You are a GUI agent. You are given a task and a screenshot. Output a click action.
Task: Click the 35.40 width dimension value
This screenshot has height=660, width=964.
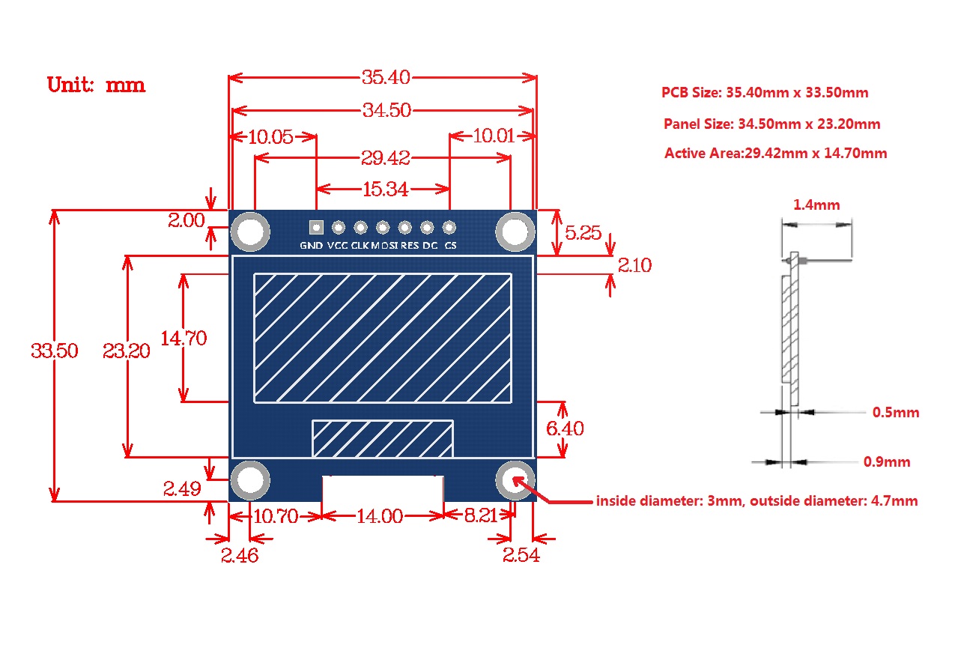click(382, 77)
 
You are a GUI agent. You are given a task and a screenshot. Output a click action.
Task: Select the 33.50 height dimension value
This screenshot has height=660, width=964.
click(55, 351)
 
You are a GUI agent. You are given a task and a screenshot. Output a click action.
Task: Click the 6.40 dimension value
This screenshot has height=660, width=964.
click(565, 429)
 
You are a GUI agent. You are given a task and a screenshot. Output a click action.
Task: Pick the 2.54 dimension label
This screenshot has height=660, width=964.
click(521, 556)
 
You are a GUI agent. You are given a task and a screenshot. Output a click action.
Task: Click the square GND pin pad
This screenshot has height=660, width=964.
click(315, 227)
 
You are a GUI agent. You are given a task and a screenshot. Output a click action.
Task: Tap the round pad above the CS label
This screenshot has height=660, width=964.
click(449, 227)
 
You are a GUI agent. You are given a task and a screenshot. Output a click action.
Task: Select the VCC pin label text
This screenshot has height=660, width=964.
click(338, 246)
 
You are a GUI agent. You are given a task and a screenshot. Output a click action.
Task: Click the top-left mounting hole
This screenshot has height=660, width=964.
click(250, 232)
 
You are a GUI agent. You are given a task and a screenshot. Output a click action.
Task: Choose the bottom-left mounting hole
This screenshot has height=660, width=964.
click(249, 480)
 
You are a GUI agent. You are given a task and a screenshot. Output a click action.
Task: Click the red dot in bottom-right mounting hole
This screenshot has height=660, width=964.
click(517, 480)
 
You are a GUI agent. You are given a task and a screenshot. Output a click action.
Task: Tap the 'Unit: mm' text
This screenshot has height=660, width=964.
click(97, 85)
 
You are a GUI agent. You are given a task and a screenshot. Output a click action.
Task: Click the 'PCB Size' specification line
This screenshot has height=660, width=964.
click(765, 93)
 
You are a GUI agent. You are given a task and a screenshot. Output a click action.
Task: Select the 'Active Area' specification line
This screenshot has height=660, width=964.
click(775, 154)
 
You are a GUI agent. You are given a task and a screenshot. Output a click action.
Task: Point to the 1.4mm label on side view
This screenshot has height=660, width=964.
click(816, 205)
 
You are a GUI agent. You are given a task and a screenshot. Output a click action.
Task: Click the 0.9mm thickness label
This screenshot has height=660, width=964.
click(887, 462)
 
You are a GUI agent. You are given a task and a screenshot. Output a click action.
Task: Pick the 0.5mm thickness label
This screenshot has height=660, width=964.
click(896, 413)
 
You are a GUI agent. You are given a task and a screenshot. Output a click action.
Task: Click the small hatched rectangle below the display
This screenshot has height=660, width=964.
click(383, 439)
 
